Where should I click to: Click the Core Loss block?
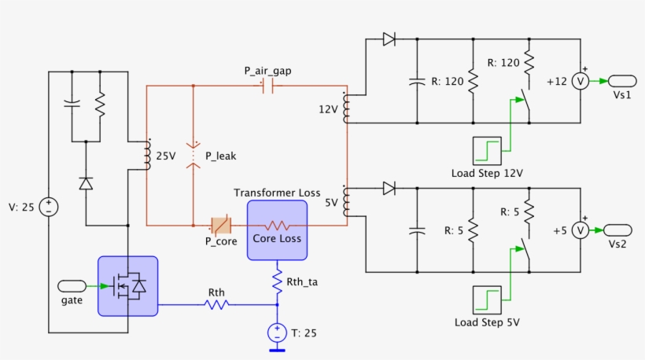277,230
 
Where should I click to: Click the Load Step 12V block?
486,150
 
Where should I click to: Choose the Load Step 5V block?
486,299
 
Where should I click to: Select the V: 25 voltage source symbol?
49,207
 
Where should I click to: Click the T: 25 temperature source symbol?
277,332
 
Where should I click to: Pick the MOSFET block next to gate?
127,286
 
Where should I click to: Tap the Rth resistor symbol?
216,303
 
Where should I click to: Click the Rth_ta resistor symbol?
277,281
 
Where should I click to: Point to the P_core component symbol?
219,226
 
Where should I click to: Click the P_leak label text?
219,156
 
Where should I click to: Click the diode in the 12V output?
389,39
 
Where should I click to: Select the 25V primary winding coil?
146,156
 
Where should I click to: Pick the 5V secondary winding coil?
347,202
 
